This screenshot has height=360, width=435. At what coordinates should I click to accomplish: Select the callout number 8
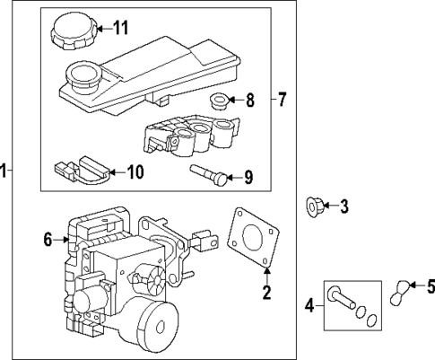point(250,100)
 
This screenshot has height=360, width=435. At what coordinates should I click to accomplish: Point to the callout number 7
point(282,100)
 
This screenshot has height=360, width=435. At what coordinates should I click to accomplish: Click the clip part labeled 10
point(80,168)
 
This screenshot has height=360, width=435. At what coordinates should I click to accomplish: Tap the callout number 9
point(248,177)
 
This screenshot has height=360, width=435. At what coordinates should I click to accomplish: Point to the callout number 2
point(265,291)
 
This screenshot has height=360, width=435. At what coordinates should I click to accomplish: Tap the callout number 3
point(344,208)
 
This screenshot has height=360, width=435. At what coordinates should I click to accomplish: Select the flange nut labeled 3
point(315,208)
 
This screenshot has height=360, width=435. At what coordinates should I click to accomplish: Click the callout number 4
point(310,306)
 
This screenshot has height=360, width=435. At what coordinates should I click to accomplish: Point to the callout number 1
point(4,171)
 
